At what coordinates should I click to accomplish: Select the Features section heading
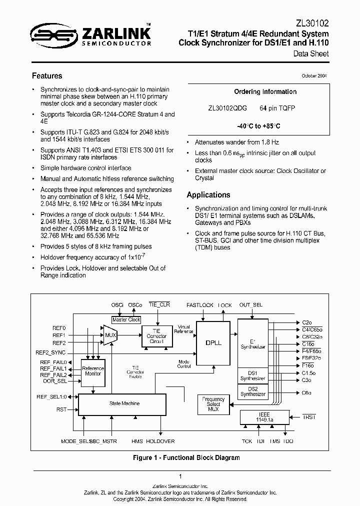(x=47, y=76)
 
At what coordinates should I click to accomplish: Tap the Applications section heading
(x=208, y=195)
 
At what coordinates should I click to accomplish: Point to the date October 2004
(x=314, y=76)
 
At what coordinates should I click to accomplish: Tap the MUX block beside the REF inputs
(x=110, y=334)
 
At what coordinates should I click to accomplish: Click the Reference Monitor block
(x=93, y=371)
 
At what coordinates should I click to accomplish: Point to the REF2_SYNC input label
(x=51, y=352)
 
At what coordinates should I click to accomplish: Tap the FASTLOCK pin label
(x=200, y=304)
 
